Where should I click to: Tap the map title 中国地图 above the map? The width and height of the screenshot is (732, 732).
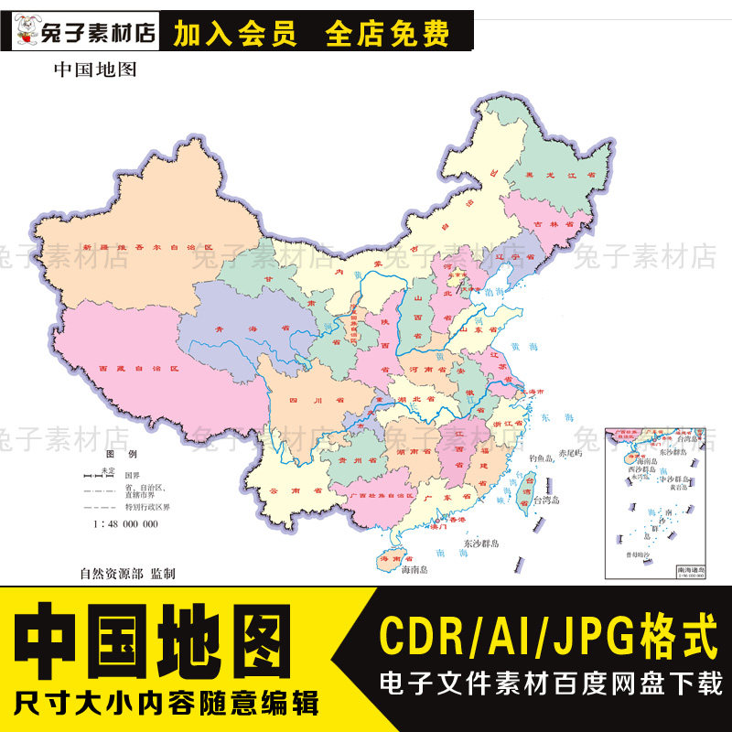click(95, 69)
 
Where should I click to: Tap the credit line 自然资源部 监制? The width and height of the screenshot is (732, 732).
click(127, 574)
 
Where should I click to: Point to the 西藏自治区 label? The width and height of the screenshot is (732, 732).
click(136, 371)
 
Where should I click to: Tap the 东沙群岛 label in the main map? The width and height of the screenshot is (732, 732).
click(481, 544)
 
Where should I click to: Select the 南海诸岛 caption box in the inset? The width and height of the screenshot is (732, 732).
click(693, 570)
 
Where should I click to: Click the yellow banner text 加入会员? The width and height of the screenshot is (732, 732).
click(235, 35)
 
